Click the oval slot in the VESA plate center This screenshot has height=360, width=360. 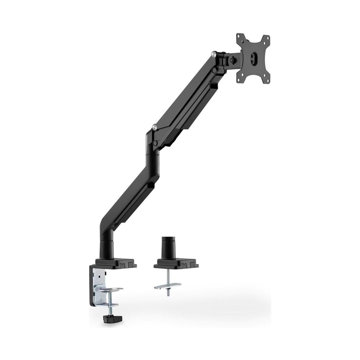click(254, 59)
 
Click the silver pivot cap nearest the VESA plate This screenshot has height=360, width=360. click(215, 54)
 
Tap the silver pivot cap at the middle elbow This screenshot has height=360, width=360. click(154, 127)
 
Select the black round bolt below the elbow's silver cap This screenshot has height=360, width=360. click(155, 143)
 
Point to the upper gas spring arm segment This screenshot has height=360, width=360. click(187, 101)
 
